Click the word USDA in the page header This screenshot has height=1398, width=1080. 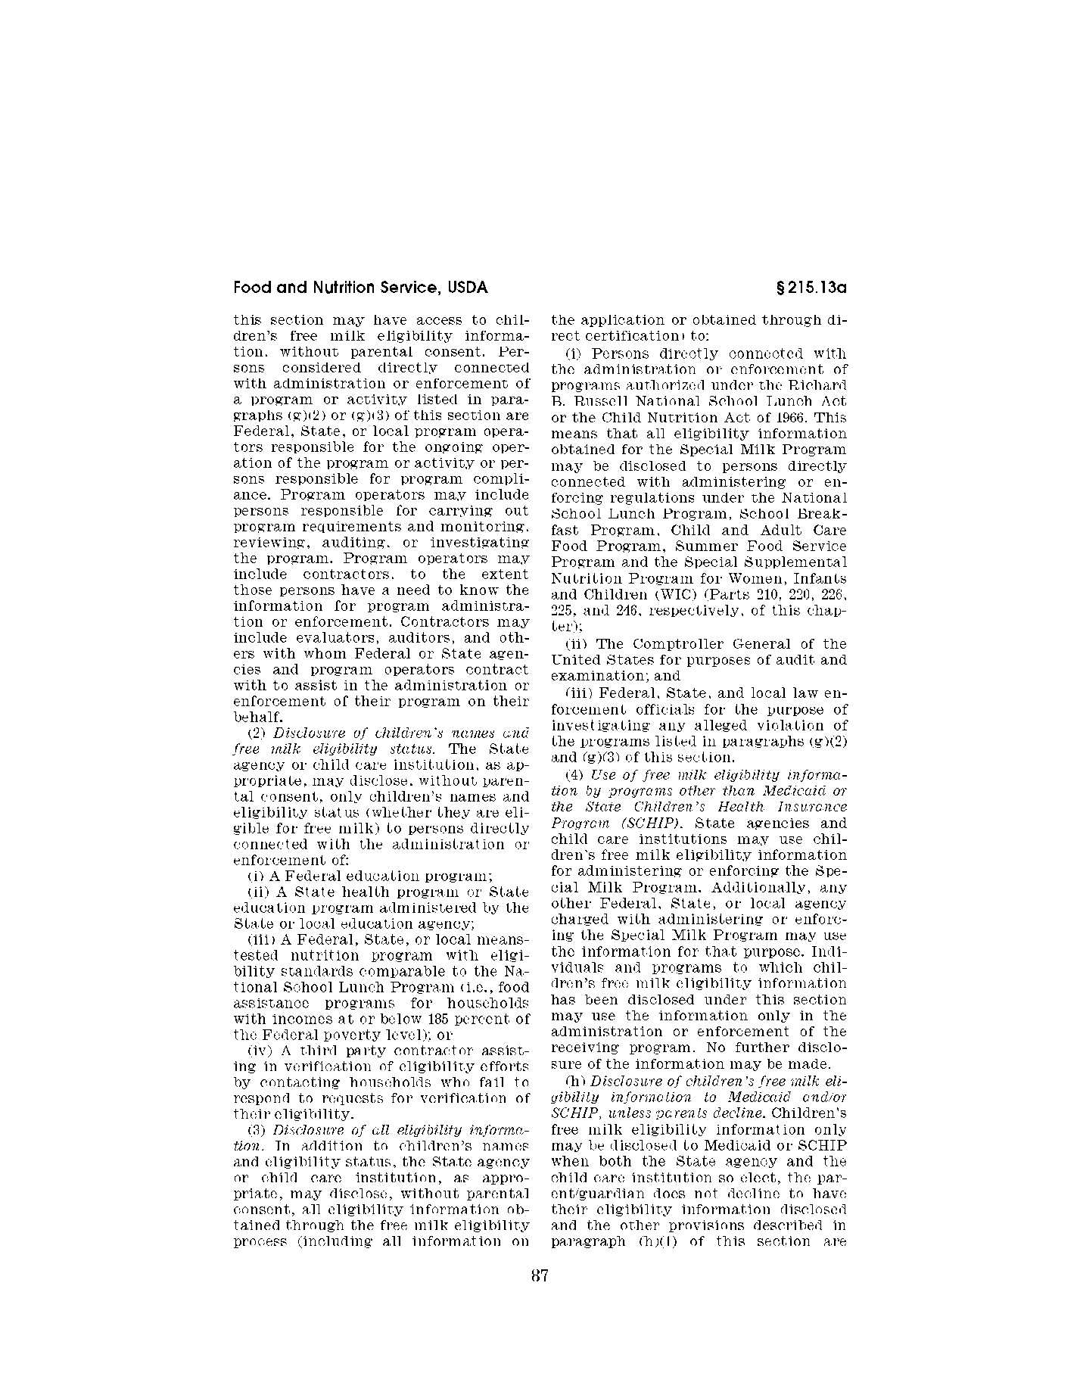(467, 288)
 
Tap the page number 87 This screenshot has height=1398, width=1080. (539, 1275)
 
